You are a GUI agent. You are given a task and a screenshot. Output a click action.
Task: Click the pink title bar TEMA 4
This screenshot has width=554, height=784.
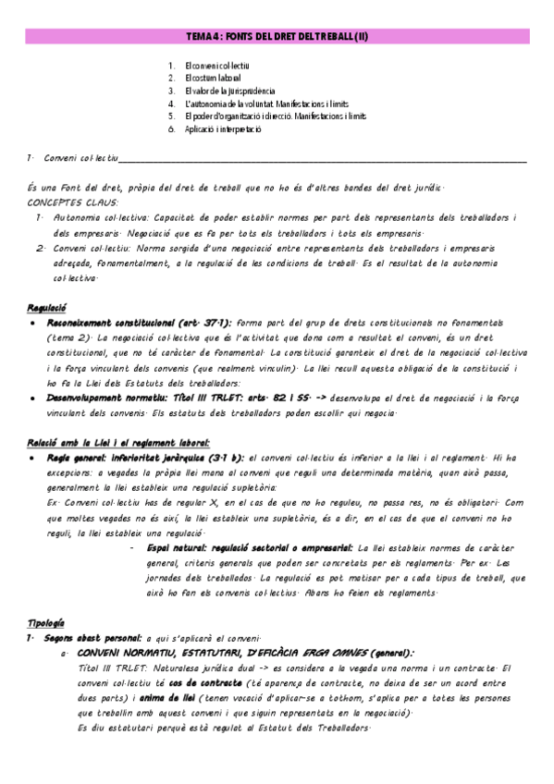277,36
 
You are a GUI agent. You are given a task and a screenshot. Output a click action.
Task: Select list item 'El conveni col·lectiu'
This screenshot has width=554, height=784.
217,66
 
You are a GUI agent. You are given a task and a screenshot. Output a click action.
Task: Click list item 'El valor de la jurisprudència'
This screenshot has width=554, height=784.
229,92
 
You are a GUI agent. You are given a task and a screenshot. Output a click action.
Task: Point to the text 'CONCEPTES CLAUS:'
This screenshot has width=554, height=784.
67,202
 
